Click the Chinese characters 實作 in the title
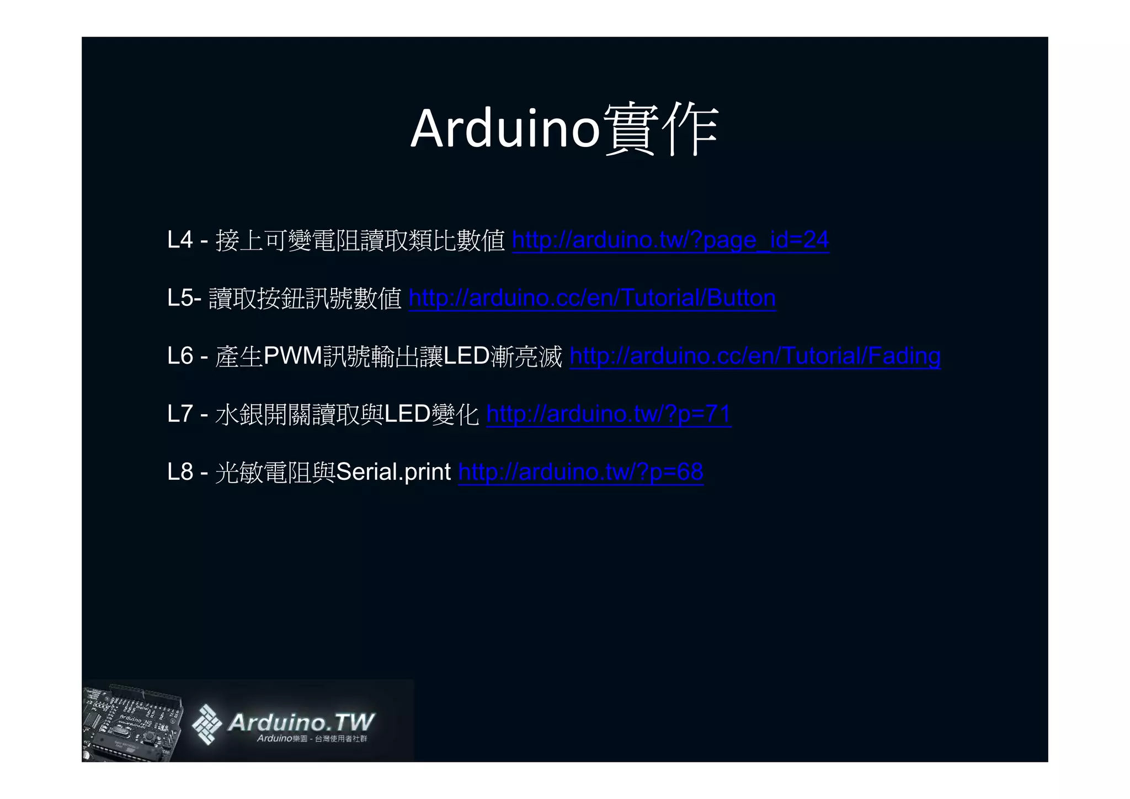pyautogui.click(x=661, y=130)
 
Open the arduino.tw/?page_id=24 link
pyautogui.click(x=670, y=240)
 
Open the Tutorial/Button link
pyautogui.click(x=592, y=298)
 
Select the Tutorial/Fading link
pyautogui.click(x=755, y=356)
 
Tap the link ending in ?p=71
pyautogui.click(x=609, y=414)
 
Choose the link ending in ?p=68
pyautogui.click(x=580, y=472)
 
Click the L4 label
pyautogui.click(x=180, y=240)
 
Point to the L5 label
pyautogui.click(x=180, y=298)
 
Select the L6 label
pyautogui.click(x=180, y=356)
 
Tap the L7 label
pyautogui.click(x=180, y=414)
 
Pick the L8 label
pyautogui.click(x=180, y=472)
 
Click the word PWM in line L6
pyautogui.click(x=293, y=356)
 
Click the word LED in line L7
pyautogui.click(x=407, y=414)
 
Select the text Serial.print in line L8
pyautogui.click(x=393, y=472)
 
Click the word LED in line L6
pyautogui.click(x=466, y=356)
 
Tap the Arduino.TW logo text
pyautogui.click(x=301, y=722)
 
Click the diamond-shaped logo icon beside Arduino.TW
pyautogui.click(x=206, y=724)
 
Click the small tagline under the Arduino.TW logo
pyautogui.click(x=312, y=739)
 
